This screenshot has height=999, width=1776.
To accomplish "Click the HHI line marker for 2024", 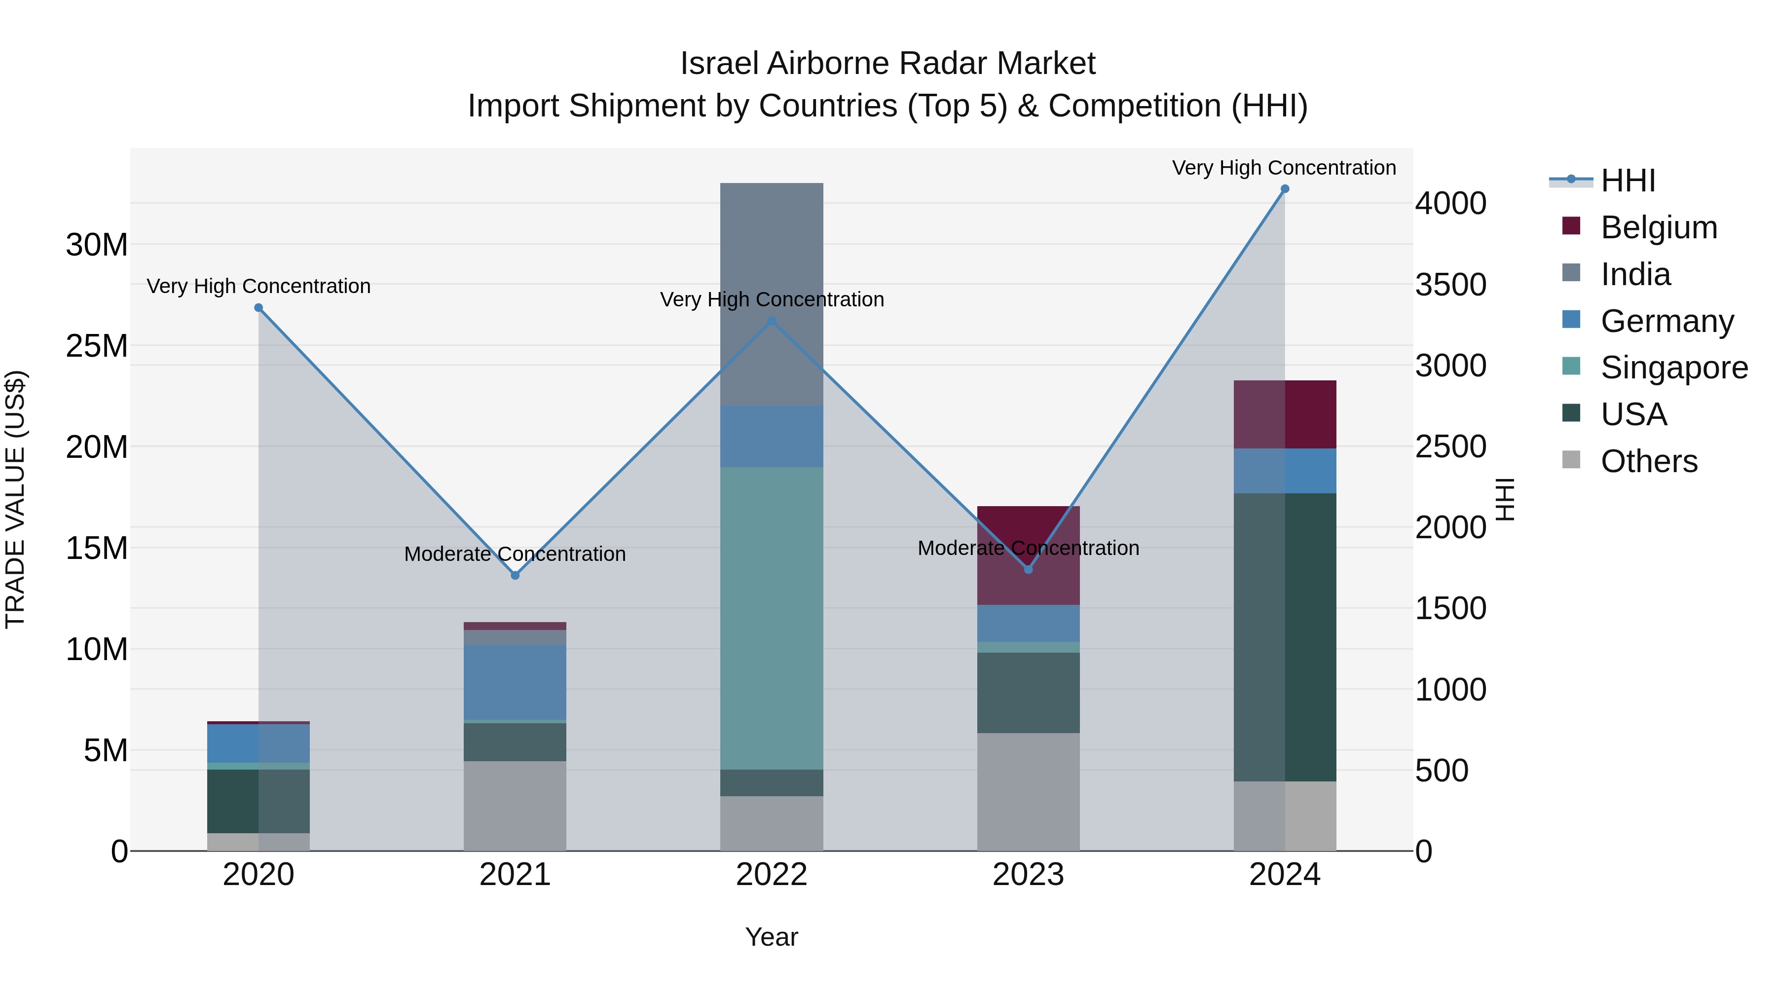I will click(1285, 189).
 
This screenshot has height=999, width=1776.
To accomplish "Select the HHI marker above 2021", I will click(515, 575).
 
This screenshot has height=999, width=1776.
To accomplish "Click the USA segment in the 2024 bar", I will click(1285, 636).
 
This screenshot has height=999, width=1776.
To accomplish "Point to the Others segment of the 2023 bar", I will click(1028, 791).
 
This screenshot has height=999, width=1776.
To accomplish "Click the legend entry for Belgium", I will click(1658, 227).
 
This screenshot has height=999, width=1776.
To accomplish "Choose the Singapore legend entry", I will click(1673, 368).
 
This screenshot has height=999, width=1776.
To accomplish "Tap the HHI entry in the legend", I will click(1627, 181).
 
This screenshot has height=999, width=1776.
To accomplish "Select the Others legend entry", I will click(1648, 461).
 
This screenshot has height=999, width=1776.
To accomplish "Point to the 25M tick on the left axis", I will click(97, 345).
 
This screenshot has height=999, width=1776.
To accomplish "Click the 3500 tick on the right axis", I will click(1450, 285).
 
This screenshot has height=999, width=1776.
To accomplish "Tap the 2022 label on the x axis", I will click(772, 875).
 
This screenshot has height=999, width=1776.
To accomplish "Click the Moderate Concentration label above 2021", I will click(515, 555).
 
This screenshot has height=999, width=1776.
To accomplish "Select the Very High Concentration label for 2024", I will click(1284, 168).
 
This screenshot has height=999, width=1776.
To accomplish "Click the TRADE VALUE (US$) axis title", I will click(15, 499).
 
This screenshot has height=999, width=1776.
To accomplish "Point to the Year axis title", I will click(772, 937).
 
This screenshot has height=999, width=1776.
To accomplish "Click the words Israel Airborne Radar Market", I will click(888, 64).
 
